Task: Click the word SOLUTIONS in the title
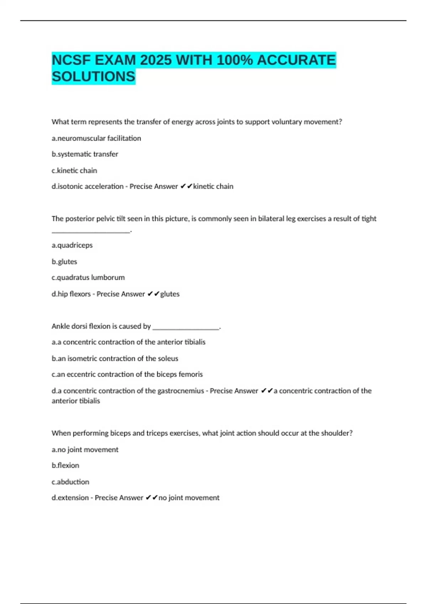tap(94, 76)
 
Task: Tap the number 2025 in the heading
tap(156, 60)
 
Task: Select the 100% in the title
tap(234, 60)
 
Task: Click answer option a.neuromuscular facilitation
tap(96, 138)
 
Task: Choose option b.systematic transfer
tap(85, 154)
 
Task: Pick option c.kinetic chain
tap(74, 171)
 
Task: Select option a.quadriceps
tap(72, 245)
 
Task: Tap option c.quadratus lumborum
tap(88, 277)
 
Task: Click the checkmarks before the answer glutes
tap(153, 294)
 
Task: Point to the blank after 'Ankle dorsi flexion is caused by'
tap(185, 328)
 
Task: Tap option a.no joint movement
tap(85, 449)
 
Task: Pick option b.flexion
tap(65, 465)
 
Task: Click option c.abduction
tap(70, 482)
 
